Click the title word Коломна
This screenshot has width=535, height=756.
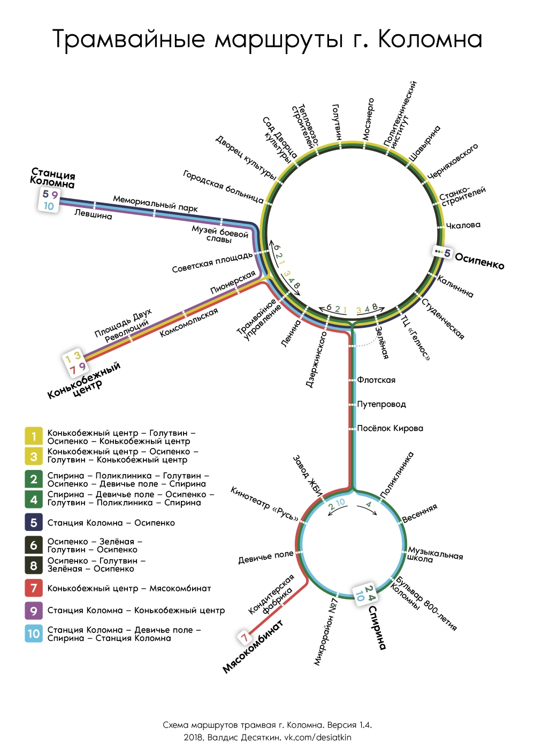(430, 39)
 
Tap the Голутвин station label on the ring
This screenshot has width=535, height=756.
(336, 122)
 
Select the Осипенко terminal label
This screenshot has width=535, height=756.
(479, 261)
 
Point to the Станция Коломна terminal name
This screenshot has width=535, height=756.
(52, 179)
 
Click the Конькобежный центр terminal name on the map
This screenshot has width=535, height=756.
(84, 381)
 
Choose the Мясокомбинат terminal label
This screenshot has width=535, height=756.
(253, 646)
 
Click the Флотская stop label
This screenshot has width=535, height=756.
(376, 380)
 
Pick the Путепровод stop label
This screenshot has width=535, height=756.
(381, 404)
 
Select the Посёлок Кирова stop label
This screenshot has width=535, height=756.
(390, 428)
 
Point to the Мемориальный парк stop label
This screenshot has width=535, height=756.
(155, 203)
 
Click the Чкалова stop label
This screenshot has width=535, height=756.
(463, 225)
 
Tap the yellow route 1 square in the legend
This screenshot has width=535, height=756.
(34, 436)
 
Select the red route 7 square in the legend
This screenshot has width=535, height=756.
(34, 588)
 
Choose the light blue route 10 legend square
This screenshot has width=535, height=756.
(34, 634)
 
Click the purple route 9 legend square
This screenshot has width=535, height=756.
(34, 610)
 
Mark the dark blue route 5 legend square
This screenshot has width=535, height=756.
(34, 522)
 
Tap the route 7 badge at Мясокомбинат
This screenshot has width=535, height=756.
(244, 637)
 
